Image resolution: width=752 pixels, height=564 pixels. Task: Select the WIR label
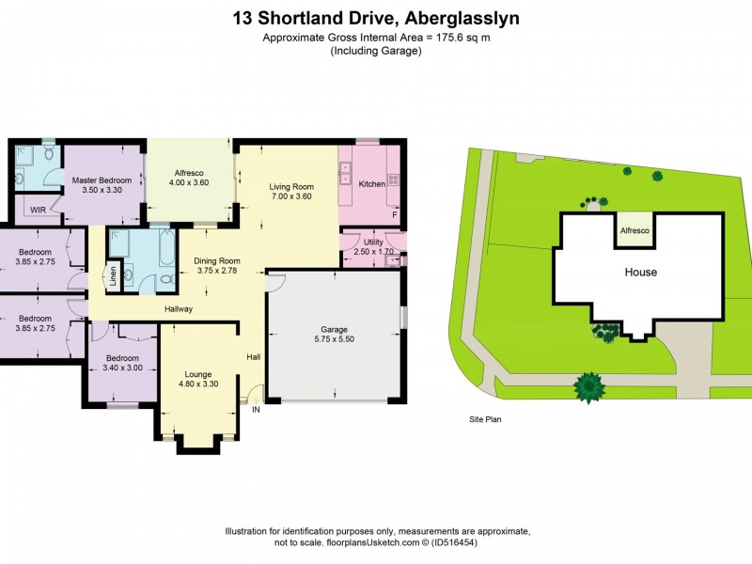(39, 210)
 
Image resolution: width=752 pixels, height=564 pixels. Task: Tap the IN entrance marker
(255, 409)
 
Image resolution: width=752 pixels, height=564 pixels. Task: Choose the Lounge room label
(198, 372)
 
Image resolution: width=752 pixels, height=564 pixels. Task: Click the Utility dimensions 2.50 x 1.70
(373, 253)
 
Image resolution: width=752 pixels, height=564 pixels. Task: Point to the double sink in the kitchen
(345, 172)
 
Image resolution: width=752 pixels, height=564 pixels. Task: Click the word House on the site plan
(641, 273)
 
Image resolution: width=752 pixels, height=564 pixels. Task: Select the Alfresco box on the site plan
(635, 230)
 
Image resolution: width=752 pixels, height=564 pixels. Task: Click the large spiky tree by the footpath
(589, 386)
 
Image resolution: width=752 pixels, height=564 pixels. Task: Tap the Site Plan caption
(485, 420)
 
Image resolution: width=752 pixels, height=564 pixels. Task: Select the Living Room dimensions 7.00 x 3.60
(291, 197)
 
